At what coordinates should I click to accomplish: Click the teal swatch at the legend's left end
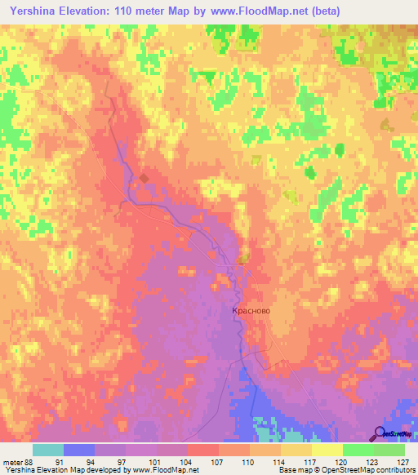coord(48,449)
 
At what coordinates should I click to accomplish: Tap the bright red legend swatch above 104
coord(203,449)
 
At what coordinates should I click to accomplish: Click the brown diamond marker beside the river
coord(144,178)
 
